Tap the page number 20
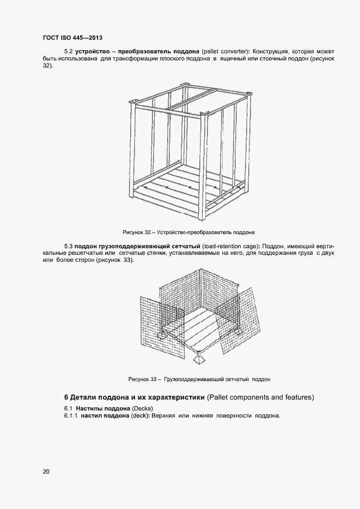[x=45, y=471]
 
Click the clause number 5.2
[x=69, y=50]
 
